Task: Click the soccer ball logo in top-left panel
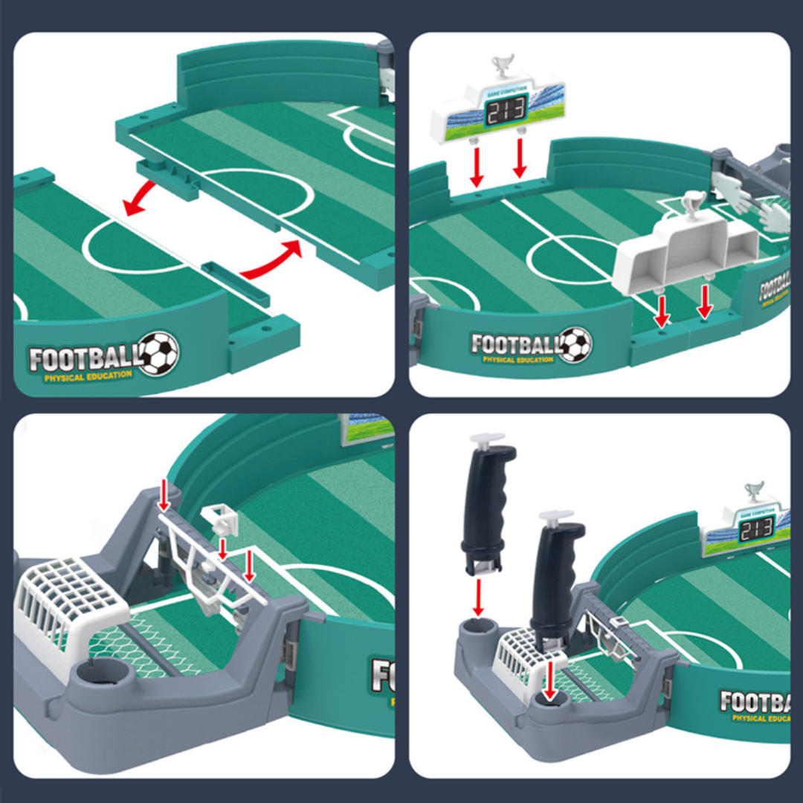[x=158, y=353]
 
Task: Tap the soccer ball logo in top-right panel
[x=574, y=345]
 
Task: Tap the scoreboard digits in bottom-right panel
[x=756, y=529]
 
